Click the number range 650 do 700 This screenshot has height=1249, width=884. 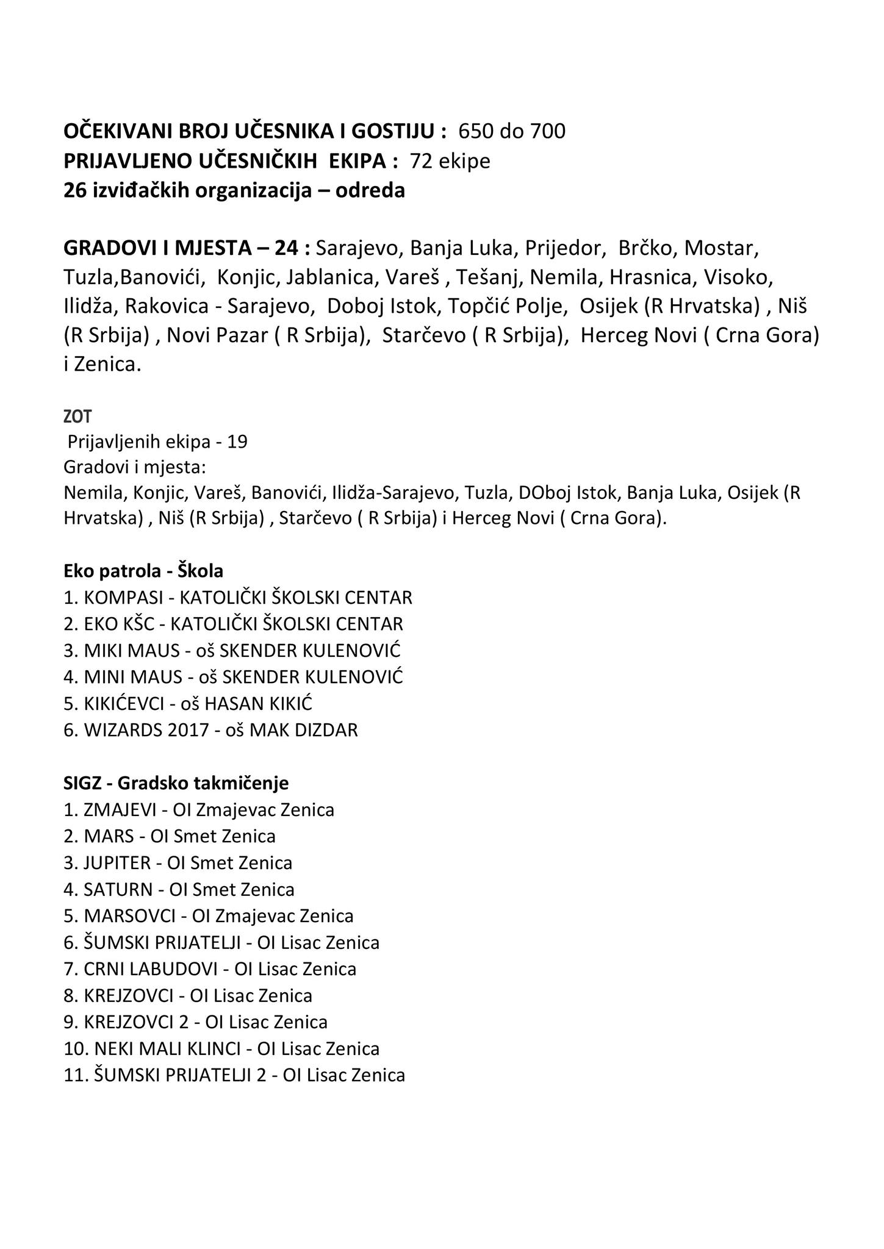[x=511, y=131]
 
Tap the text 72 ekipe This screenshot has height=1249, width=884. [x=450, y=161]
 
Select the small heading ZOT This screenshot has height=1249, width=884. [x=77, y=417]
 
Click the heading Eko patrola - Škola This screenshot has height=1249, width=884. [x=143, y=571]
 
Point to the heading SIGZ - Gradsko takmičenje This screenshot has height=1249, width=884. [x=176, y=782]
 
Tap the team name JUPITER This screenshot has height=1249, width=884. [x=117, y=863]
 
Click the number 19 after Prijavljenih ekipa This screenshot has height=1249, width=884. [x=237, y=442]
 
